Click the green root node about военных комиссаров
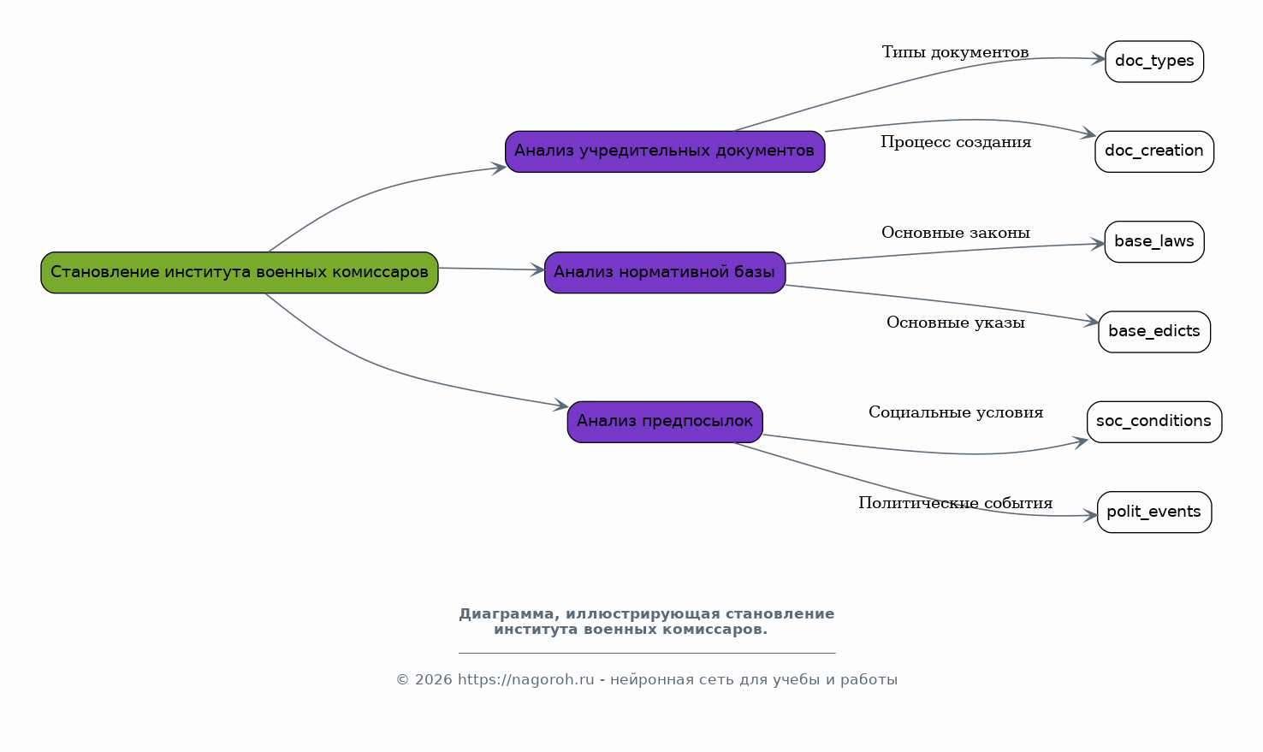pyautogui.click(x=240, y=273)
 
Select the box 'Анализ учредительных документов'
pyautogui.click(x=666, y=151)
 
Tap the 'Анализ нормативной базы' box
pyautogui.click(x=666, y=273)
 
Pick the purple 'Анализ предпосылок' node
pyautogui.click(x=666, y=423)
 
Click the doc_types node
pyautogui.click(x=1154, y=62)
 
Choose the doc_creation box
pyautogui.click(x=1154, y=151)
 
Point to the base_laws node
pyautogui.click(x=1154, y=242)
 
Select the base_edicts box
pyautogui.click(x=1154, y=332)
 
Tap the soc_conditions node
pyautogui.click(x=1154, y=423)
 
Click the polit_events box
pyautogui.click(x=1154, y=512)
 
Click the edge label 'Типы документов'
pyautogui.click(x=956, y=52)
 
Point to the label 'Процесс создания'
pyautogui.click(x=957, y=142)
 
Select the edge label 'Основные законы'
pyautogui.click(x=956, y=233)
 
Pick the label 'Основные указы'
pyautogui.click(x=956, y=323)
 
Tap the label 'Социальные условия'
pyautogui.click(x=956, y=412)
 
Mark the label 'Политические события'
pyautogui.click(x=956, y=503)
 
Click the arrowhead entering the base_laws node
pyautogui.click(x=1097, y=244)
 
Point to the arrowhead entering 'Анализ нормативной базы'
pyautogui.click(x=537, y=270)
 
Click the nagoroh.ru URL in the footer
pyautogui.click(x=526, y=680)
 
